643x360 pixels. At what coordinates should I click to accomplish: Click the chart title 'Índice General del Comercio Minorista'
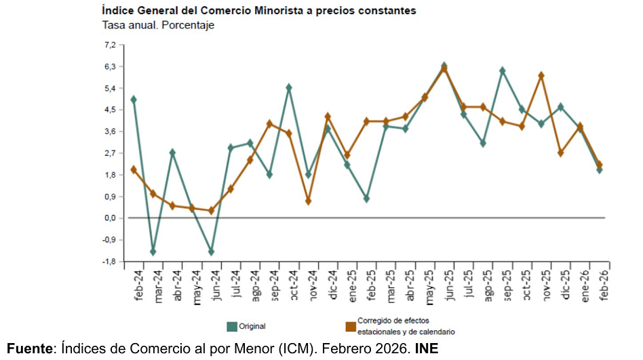tap(258, 11)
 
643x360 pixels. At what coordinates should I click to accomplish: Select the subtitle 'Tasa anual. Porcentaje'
tap(158, 26)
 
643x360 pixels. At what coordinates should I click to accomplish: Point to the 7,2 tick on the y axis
tap(110, 45)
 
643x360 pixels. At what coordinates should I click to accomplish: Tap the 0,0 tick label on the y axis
tap(110, 218)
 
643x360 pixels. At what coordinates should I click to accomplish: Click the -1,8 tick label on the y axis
tap(109, 262)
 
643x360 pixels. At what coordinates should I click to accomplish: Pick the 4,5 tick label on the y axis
tap(110, 110)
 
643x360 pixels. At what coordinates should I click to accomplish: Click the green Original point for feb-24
tap(134, 100)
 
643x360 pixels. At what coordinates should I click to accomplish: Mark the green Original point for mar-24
tap(153, 252)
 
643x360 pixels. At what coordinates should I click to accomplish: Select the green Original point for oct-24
tap(289, 87)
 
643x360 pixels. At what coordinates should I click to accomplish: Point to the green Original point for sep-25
tap(503, 71)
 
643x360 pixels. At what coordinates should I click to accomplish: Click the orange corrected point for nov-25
tap(541, 75)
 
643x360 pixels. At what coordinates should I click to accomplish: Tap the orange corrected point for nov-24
tap(308, 201)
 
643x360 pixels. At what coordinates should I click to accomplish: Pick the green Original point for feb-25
tap(366, 199)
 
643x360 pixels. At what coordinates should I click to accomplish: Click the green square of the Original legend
tap(231, 326)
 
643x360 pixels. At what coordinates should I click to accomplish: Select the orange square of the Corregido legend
tap(350, 326)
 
